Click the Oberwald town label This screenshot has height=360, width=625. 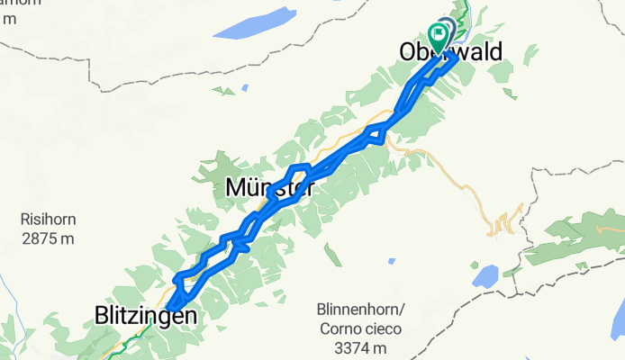pos(450,54)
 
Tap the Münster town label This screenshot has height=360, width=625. pos(269,189)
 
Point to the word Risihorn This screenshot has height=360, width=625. pos(49,218)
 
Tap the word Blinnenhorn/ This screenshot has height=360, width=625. pos(360,309)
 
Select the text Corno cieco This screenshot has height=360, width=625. pos(360,328)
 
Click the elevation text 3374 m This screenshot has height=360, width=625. pos(360,347)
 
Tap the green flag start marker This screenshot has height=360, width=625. pos(439,38)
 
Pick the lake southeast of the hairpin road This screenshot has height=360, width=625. pos(485,276)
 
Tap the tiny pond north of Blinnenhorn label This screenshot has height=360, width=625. pos(392,261)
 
